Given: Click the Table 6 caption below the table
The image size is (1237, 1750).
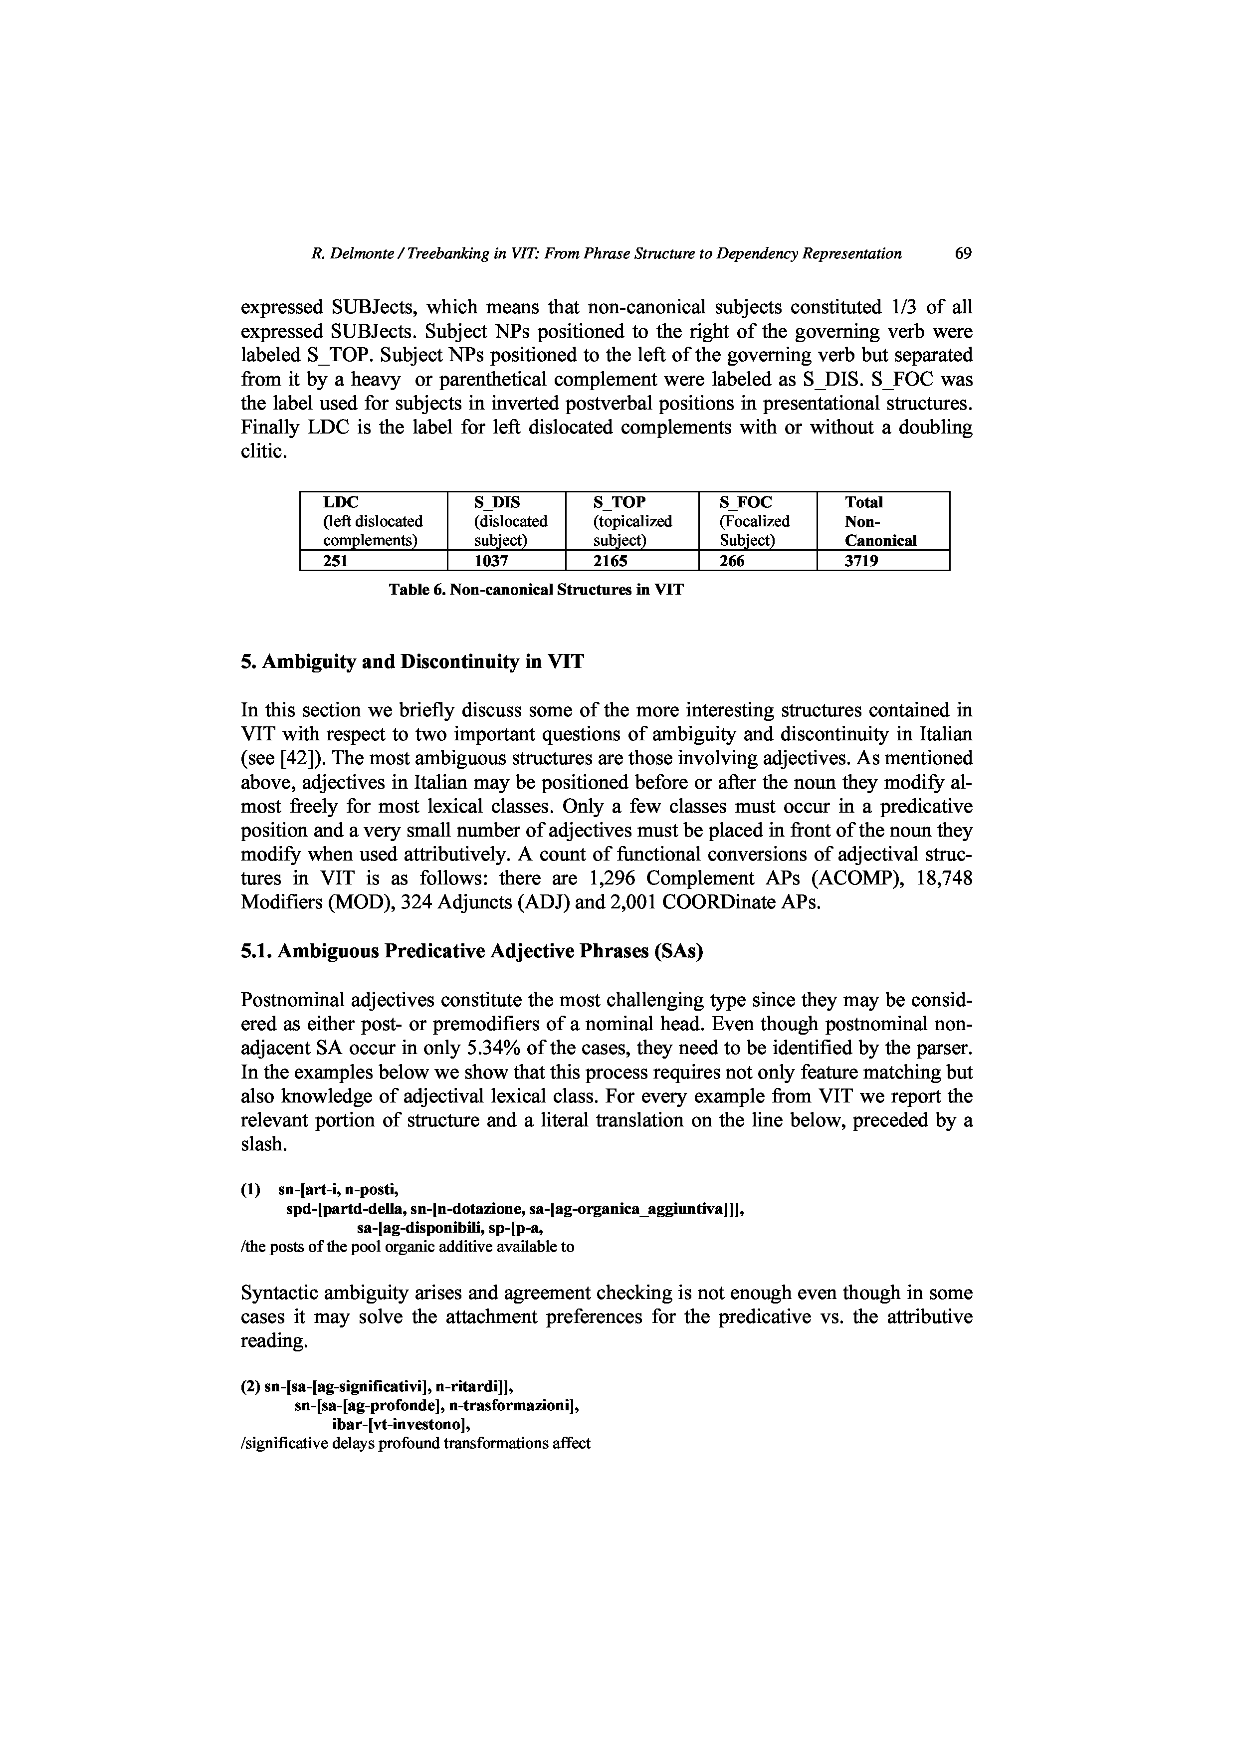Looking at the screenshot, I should click(x=537, y=590).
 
